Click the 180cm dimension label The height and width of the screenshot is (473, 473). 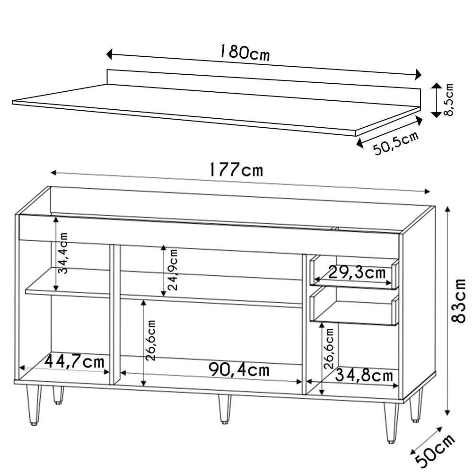tap(245, 53)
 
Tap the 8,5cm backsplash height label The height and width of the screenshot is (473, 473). tap(449, 99)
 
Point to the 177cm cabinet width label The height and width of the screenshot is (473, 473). tap(236, 170)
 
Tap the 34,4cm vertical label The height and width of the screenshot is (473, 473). tap(63, 254)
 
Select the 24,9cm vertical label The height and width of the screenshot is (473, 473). tap(172, 270)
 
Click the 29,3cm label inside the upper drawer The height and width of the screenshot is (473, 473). tap(351, 273)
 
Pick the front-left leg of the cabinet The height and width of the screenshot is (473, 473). tap(33, 404)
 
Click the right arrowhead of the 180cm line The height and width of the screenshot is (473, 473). tap(418, 75)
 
